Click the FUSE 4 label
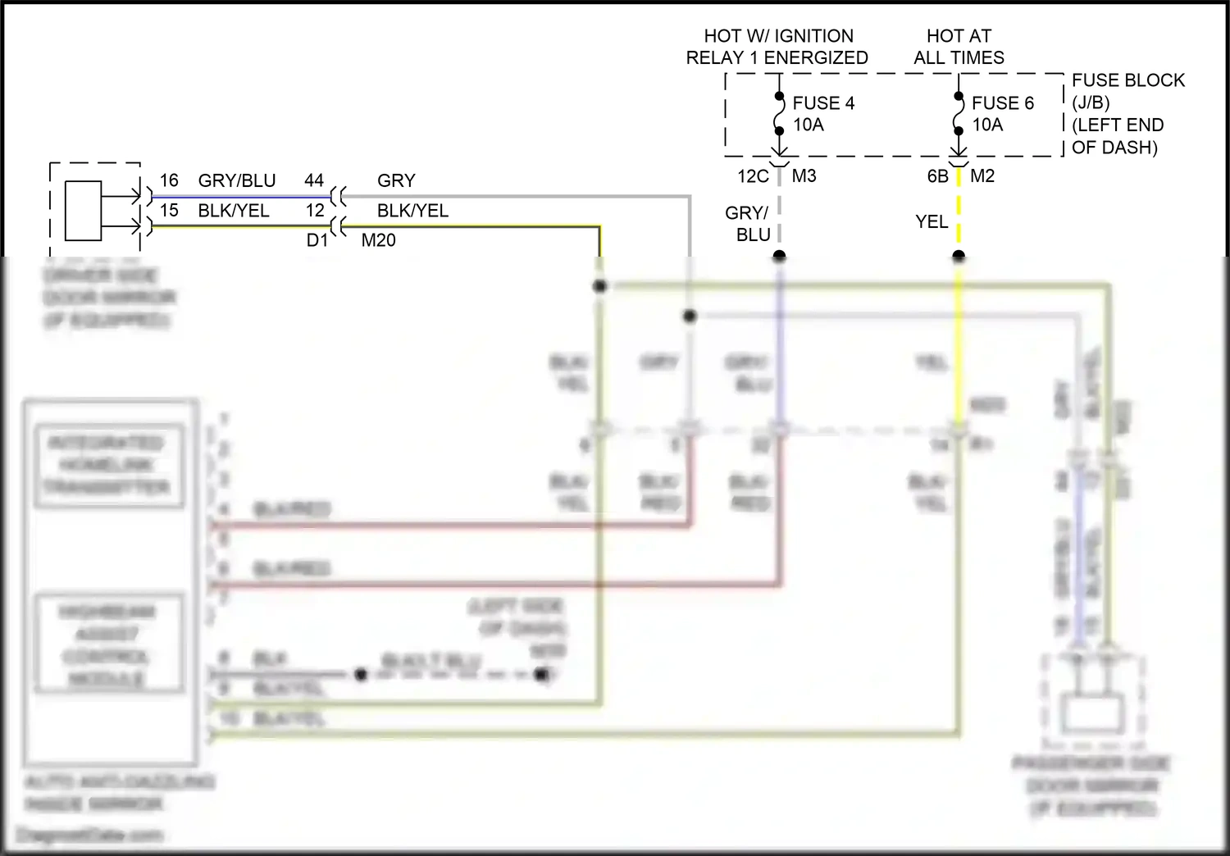pyautogui.click(x=822, y=103)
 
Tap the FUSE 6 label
pyautogui.click(x=1002, y=103)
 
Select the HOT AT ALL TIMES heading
pyautogui.click(x=959, y=47)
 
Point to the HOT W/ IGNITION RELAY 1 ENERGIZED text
pyautogui.click(x=777, y=47)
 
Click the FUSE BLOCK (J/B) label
pyautogui.click(x=1127, y=91)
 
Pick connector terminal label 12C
pyautogui.click(x=753, y=176)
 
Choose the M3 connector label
pyautogui.click(x=804, y=176)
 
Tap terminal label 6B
pyautogui.click(x=937, y=176)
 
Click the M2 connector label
pyautogui.click(x=982, y=176)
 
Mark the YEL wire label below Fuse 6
pyautogui.click(x=932, y=221)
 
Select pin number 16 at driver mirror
pyautogui.click(x=169, y=180)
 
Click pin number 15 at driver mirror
pyautogui.click(x=169, y=211)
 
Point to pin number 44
pyautogui.click(x=314, y=180)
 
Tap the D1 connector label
pyautogui.click(x=317, y=240)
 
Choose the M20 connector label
pyautogui.click(x=378, y=240)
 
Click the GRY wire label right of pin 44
pyautogui.click(x=396, y=180)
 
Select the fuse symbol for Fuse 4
pyautogui.click(x=779, y=113)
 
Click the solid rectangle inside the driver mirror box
pyautogui.click(x=83, y=211)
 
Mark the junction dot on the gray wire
pyautogui.click(x=690, y=316)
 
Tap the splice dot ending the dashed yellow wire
pyautogui.click(x=959, y=256)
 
